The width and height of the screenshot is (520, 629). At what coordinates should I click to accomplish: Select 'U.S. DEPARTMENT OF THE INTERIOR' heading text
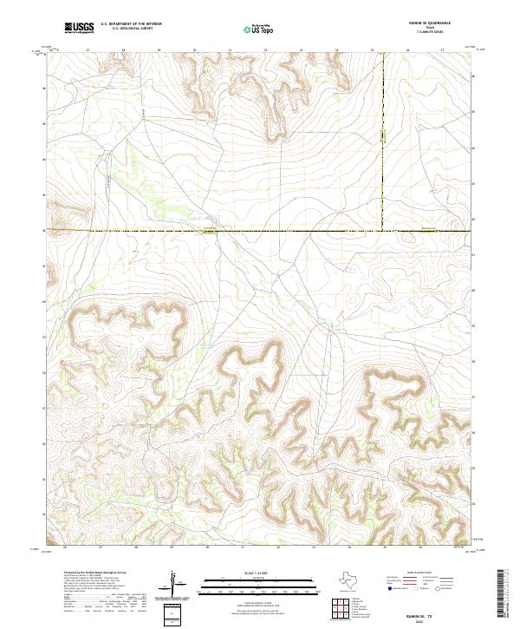pos(131,24)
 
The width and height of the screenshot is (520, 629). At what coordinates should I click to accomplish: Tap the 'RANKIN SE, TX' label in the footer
pos(432,611)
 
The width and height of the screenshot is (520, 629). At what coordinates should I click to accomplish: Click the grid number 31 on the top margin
pos(230,50)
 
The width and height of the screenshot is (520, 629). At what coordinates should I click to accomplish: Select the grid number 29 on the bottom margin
pos(172,548)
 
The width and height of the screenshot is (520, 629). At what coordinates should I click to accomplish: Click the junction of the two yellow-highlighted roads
pos(382,231)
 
